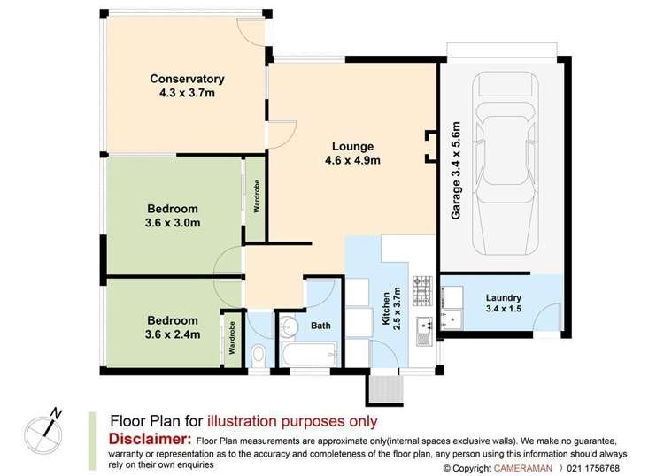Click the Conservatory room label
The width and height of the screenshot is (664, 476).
[186, 84]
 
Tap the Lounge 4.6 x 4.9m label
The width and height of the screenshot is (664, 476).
[352, 153]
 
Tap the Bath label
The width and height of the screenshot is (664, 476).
[321, 326]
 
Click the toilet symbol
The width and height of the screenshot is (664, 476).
[259, 354]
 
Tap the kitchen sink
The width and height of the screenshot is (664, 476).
[424, 330]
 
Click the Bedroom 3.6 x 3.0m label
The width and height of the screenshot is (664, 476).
[173, 216]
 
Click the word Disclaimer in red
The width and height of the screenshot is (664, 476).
[149, 440]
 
